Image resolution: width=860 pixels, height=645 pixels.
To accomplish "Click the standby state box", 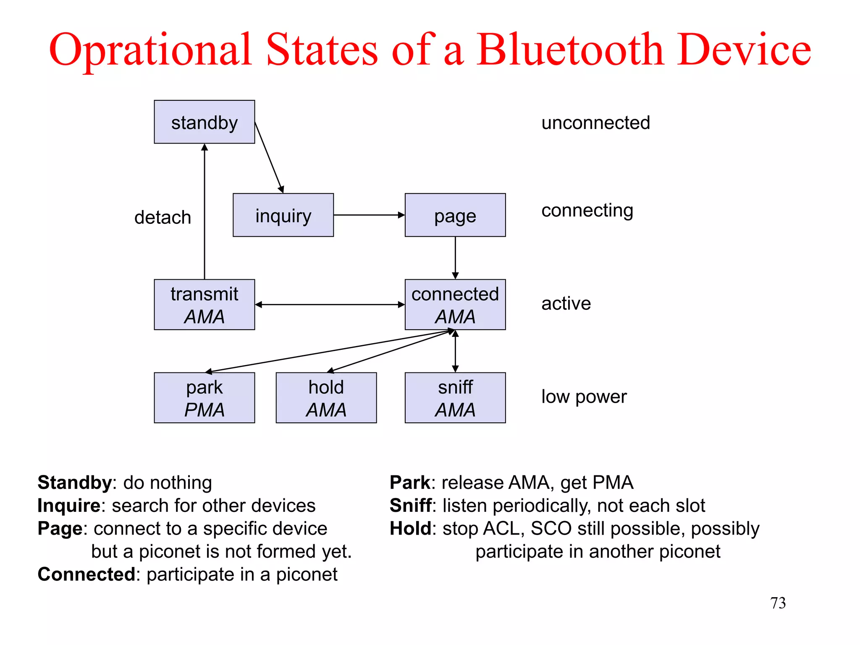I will [x=204, y=122].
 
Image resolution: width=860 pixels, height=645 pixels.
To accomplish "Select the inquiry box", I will [x=283, y=215].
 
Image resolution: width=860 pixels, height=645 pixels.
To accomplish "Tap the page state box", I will [x=455, y=215].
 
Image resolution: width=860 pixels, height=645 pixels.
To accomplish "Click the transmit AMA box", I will [x=204, y=304].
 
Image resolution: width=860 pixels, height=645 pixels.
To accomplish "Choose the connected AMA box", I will [x=455, y=304].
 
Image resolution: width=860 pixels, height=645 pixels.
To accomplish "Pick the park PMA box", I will [x=204, y=398].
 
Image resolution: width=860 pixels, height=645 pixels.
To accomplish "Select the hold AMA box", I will [x=326, y=398].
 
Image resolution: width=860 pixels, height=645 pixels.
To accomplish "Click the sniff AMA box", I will [x=455, y=398].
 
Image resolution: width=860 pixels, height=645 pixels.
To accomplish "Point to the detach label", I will [x=163, y=218].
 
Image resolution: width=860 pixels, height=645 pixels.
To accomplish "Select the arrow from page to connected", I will [x=455, y=257].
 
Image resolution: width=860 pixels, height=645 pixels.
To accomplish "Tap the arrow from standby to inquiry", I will [x=269, y=157].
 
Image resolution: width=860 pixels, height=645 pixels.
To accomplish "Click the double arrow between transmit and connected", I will [x=330, y=304].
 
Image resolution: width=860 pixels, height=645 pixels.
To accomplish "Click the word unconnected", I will [x=595, y=123].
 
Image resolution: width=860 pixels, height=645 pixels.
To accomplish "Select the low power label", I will [x=584, y=396].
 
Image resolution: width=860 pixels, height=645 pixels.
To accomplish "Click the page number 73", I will [x=778, y=603].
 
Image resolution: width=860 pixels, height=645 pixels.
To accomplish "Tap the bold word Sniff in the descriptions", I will [x=410, y=506].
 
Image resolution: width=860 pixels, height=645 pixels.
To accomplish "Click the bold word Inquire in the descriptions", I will [x=69, y=506].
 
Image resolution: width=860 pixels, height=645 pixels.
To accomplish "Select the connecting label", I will [x=587, y=210].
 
